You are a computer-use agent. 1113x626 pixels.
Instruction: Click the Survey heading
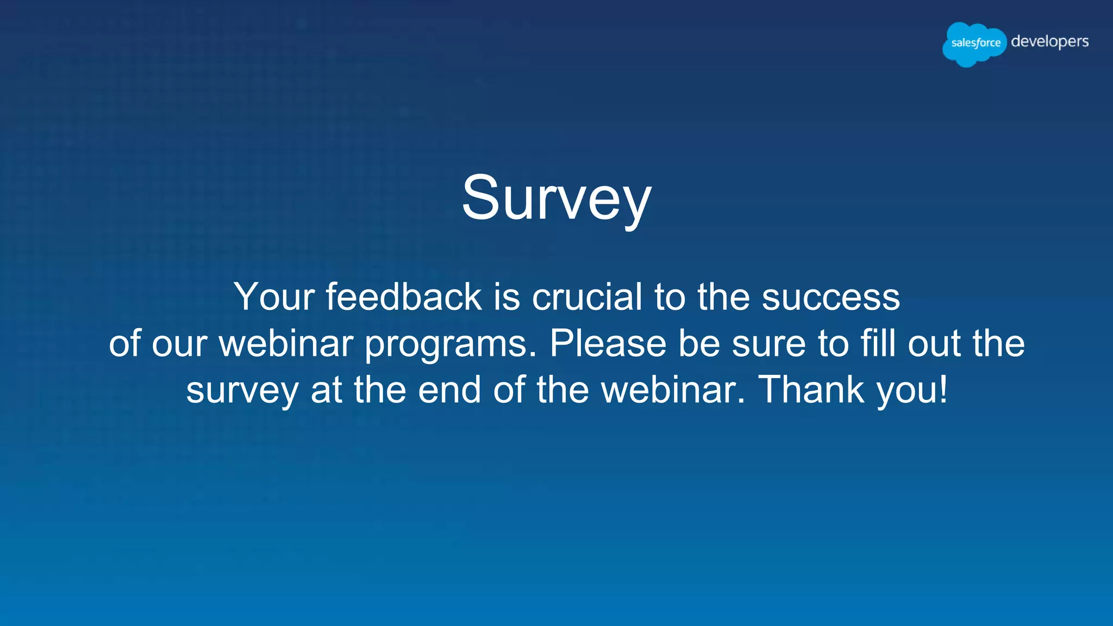tap(556, 198)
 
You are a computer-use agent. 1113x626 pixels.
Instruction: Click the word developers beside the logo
tap(1049, 42)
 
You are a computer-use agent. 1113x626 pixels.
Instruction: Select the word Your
tap(274, 297)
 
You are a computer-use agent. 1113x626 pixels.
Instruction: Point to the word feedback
tap(404, 297)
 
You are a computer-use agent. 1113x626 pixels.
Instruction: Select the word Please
tap(608, 343)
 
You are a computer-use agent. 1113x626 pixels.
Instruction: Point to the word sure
tap(768, 345)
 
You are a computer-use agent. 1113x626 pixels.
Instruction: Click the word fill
tap(878, 343)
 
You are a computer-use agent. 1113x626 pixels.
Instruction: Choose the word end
tap(449, 390)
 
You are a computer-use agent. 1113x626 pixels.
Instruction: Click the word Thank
tap(811, 390)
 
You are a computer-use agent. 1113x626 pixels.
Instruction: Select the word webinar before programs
tap(286, 343)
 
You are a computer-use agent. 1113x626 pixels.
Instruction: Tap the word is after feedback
tap(507, 297)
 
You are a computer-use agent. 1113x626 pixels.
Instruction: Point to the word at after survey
tap(326, 390)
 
